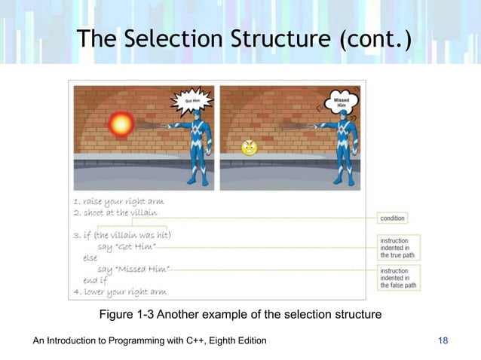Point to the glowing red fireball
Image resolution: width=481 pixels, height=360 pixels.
point(121,125)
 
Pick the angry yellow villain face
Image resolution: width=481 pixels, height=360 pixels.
point(249,148)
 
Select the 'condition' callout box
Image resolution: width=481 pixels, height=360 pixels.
point(392,218)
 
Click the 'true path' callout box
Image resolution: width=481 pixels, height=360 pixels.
point(398,246)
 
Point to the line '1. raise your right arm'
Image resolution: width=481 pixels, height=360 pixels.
point(118,203)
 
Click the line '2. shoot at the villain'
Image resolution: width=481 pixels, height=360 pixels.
point(115,214)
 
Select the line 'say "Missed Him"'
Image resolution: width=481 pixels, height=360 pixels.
point(133,270)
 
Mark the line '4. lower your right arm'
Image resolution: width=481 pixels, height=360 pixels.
point(119,292)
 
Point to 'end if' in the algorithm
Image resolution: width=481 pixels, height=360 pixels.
point(96,281)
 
